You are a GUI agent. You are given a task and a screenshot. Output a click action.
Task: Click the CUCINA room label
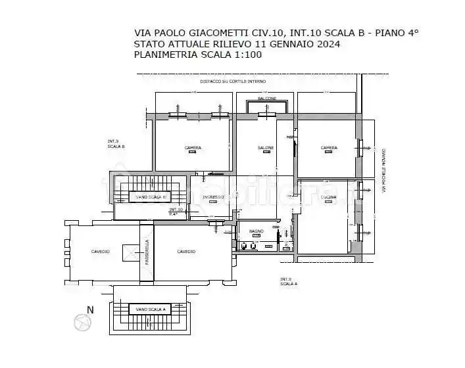pyautogui.click(x=329, y=197)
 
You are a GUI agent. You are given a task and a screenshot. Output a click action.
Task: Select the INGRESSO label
pyautogui.click(x=213, y=197)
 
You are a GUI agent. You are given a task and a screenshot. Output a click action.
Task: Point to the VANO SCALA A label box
pyautogui.click(x=152, y=309)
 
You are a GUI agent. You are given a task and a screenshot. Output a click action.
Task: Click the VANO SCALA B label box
pyautogui.click(x=152, y=197)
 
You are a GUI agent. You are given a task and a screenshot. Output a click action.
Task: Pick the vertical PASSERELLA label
pyautogui.click(x=147, y=252)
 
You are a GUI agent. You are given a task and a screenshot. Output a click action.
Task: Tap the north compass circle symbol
pyautogui.click(x=82, y=322)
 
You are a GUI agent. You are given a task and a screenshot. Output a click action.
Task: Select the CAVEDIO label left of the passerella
pyautogui.click(x=101, y=252)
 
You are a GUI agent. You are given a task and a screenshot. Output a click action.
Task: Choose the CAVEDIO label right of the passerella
pyautogui.click(x=186, y=252)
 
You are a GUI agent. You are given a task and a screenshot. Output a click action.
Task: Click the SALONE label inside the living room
pyautogui.click(x=265, y=148)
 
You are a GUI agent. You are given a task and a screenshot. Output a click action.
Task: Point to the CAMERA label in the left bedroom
pyautogui.click(x=193, y=148)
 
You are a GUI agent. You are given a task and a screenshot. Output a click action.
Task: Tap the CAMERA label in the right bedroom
pyautogui.click(x=329, y=148)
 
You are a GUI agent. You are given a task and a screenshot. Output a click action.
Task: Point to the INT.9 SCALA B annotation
pyautogui.click(x=116, y=144)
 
